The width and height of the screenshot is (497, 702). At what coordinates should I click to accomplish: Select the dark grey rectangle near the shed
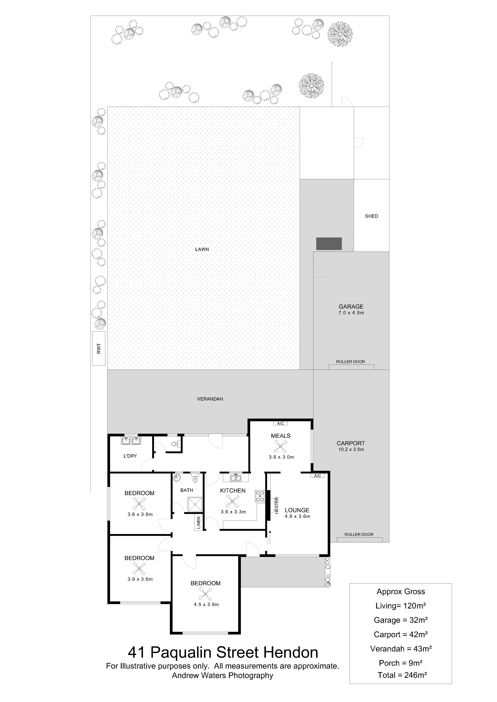pyautogui.click(x=329, y=244)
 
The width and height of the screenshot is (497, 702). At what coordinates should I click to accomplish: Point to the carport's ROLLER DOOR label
pyautogui.click(x=359, y=534)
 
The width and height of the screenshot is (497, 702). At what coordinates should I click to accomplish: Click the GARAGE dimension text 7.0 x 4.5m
pyautogui.click(x=351, y=313)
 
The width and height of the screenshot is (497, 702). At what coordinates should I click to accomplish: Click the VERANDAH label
pyautogui.click(x=210, y=399)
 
